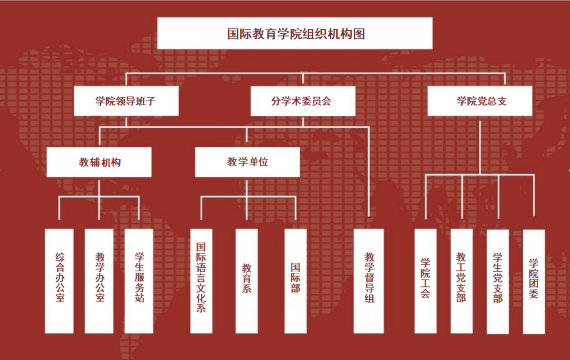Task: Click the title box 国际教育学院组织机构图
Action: click(294, 33)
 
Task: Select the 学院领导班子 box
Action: click(126, 101)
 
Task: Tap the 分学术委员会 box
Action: click(303, 101)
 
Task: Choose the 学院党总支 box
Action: click(480, 101)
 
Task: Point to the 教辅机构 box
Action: click(99, 162)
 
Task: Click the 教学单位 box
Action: click(247, 162)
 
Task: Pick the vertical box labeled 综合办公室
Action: click(59, 281)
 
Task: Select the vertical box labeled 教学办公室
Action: click(99, 281)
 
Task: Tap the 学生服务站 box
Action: click(139, 281)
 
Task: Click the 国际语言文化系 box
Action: click(201, 281)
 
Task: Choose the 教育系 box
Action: click(247, 281)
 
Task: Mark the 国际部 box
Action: click(295, 281)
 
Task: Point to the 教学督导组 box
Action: click(369, 281)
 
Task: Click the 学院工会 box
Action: click(425, 281)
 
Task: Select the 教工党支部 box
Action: click(461, 281)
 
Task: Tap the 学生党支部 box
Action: click(498, 281)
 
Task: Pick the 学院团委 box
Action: click(534, 281)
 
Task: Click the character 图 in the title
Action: click(359, 34)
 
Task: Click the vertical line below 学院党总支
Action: click(480, 144)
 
